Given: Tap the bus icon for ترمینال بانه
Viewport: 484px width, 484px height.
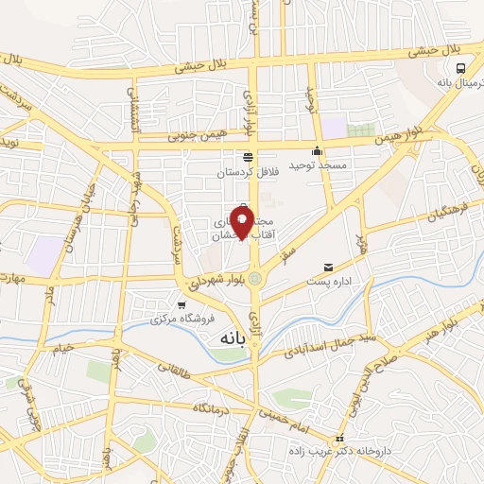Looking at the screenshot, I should click(460, 68).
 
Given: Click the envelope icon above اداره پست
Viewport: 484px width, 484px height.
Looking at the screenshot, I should click(328, 268).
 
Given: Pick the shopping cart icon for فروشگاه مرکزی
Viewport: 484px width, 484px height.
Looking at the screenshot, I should click(181, 304).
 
